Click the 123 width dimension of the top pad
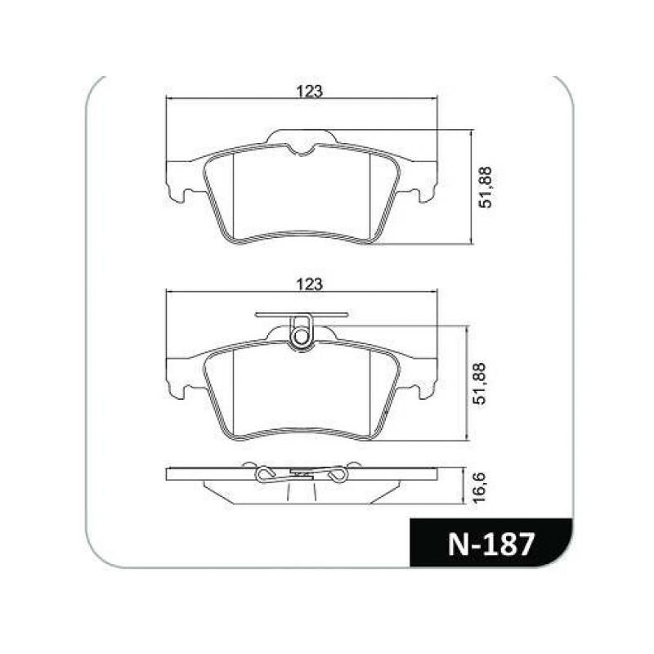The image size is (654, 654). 310,92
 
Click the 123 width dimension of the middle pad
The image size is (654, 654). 310,284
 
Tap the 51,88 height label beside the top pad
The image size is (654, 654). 486,187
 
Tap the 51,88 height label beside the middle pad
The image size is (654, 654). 480,383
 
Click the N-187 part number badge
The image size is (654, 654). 491,544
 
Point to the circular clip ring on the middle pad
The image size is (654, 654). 300,337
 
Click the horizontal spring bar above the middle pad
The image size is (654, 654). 302,315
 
